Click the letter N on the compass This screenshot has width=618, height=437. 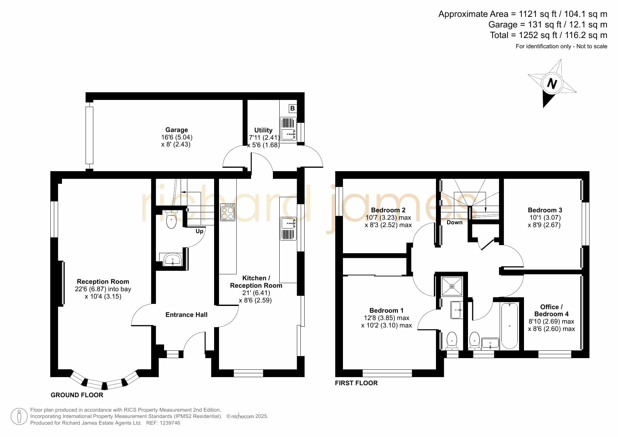point(552,84)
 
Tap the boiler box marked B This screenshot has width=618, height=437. point(292,108)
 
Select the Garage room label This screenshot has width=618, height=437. point(177,130)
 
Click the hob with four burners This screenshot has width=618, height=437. point(227,212)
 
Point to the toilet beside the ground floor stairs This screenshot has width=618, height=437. point(171,219)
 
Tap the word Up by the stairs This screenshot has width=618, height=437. point(199,231)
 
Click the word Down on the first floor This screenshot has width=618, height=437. point(455,223)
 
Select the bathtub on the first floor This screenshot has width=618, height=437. point(510,326)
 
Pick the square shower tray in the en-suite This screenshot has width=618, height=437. point(452,286)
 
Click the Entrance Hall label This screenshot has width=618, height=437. point(186,315)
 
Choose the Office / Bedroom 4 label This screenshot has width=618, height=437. point(551,311)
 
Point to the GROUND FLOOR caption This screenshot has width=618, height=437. point(77,395)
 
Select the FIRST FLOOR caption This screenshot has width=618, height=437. point(356,383)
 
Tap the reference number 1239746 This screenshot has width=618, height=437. point(170,423)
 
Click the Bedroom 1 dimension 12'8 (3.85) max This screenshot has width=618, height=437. point(387,318)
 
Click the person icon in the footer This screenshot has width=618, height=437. point(19,417)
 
